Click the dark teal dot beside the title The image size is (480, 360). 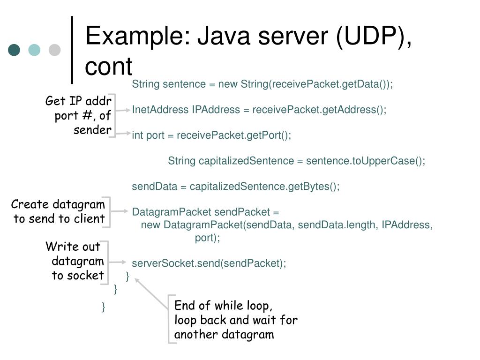14,50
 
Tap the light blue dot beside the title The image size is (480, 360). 34,50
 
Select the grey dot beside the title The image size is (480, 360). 55,50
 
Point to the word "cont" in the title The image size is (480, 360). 109,66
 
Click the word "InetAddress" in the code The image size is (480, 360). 160,110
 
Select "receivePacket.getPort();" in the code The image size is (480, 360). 234,135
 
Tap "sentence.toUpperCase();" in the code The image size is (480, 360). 366,161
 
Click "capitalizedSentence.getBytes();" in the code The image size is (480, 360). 264,187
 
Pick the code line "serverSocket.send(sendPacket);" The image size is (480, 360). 209,263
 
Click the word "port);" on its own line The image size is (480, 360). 207,238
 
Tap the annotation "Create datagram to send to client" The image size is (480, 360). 59,211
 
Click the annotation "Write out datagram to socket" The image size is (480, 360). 75,261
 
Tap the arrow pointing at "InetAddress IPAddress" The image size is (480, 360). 123,110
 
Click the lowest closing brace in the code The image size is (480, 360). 103,307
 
